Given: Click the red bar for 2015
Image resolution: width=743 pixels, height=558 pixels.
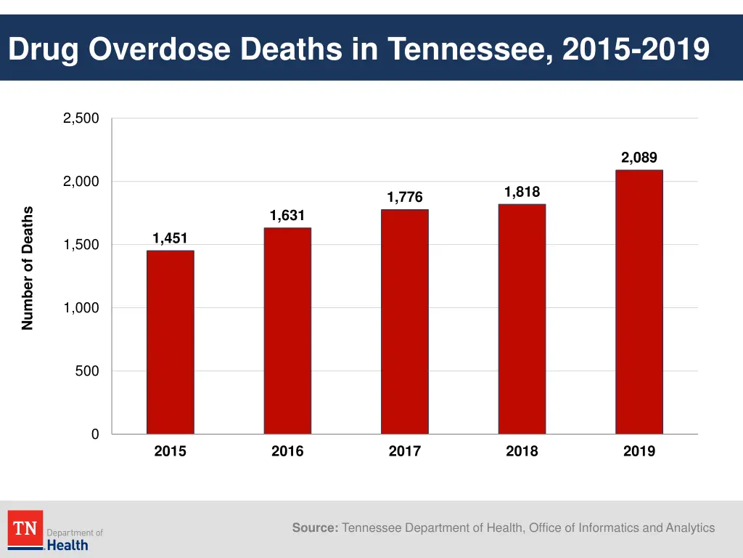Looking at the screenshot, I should [x=170, y=342].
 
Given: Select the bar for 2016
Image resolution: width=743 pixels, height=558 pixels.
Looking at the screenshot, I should [x=287, y=331].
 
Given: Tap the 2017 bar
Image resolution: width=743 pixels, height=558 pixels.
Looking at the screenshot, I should [x=404, y=322].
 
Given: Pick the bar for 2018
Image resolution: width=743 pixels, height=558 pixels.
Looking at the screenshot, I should [x=522, y=319].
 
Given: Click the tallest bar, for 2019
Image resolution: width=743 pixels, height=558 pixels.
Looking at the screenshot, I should [x=639, y=302].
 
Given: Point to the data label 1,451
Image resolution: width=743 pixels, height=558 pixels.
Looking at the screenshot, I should [x=170, y=238].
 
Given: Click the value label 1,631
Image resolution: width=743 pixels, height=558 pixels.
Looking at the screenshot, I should [x=287, y=216].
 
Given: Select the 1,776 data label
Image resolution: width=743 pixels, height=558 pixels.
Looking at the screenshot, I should [x=404, y=198].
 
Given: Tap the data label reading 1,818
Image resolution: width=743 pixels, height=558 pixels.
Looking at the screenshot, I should [x=522, y=192].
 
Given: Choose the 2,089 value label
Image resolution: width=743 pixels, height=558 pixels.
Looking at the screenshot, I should [x=639, y=158].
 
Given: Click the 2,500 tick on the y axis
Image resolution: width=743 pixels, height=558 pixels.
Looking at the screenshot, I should [x=81, y=119].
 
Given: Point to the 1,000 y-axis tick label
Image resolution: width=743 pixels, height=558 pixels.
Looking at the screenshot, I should [x=81, y=308].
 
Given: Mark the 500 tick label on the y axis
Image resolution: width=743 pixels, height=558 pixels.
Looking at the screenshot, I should [x=87, y=371].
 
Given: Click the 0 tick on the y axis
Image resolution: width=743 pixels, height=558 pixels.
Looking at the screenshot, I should [x=95, y=434].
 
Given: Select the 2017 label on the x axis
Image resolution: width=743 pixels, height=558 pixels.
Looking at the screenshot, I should [x=404, y=451].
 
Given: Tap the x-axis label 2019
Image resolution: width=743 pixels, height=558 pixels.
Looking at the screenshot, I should [x=639, y=451].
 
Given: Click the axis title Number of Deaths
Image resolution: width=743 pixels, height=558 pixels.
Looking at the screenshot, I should [x=28, y=268].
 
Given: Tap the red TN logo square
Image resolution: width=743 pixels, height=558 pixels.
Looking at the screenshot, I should [x=25, y=529].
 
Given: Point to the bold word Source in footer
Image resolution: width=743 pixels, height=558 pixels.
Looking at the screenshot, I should [x=315, y=528].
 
